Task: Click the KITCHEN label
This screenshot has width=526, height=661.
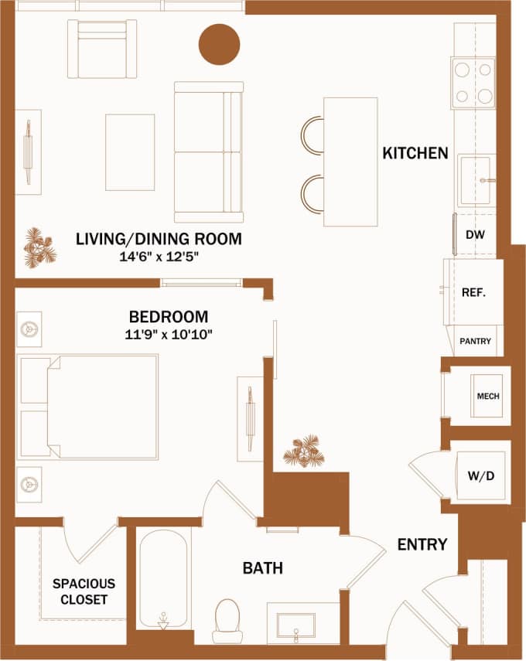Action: click(415, 153)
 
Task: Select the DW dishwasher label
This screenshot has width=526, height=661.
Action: click(475, 234)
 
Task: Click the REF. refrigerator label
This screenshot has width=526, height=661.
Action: click(473, 293)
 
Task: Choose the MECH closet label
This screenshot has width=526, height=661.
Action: click(487, 396)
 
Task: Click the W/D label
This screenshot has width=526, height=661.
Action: click(480, 475)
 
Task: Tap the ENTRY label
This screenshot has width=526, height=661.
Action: click(422, 544)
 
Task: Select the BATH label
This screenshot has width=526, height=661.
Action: click(262, 568)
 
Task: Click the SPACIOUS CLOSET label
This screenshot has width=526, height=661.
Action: click(84, 591)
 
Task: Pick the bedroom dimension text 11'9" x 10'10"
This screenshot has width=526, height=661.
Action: click(168, 334)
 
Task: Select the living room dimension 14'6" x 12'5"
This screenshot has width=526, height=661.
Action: click(159, 257)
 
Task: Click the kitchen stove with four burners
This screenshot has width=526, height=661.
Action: click(473, 83)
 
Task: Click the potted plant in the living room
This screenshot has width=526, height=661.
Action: click(39, 247)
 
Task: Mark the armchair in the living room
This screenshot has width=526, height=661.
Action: click(102, 49)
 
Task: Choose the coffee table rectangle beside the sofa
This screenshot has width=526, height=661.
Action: click(130, 152)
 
